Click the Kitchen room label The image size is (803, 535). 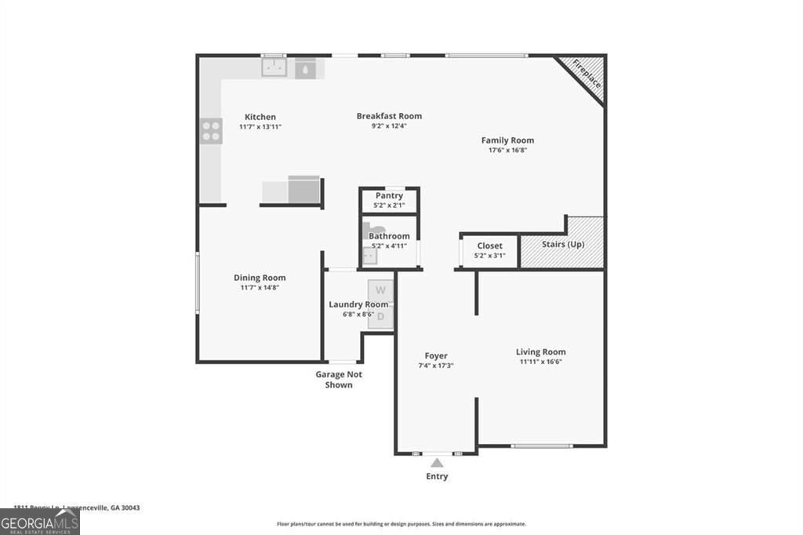(260, 117)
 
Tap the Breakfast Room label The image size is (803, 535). (389, 116)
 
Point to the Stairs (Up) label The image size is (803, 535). (563, 245)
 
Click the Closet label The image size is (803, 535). (489, 246)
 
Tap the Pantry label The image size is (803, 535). (389, 195)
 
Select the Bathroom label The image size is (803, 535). (389, 236)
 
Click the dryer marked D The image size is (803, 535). (380, 316)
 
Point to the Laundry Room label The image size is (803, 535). (358, 304)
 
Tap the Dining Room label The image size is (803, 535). (260, 278)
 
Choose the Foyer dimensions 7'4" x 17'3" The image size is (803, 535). (437, 366)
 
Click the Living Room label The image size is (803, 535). (540, 352)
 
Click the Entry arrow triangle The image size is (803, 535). (437, 463)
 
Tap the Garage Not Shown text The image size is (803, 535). (339, 380)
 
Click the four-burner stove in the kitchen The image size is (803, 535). (211, 130)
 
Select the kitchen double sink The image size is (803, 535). (274, 67)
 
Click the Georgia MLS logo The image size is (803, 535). (40, 522)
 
